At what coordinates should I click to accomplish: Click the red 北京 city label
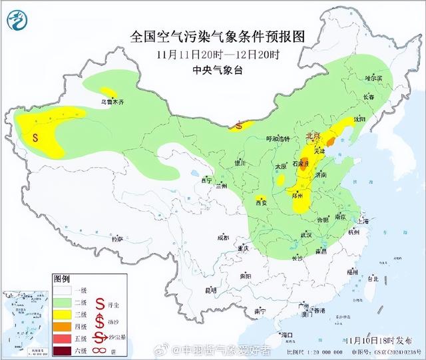click(x=313, y=136)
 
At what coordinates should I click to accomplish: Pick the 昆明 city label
click(x=211, y=290)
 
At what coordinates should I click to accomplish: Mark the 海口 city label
click(x=287, y=334)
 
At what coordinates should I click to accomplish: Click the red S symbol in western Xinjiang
click(x=35, y=138)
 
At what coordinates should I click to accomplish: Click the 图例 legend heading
click(x=61, y=279)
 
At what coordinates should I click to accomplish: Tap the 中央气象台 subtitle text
click(x=213, y=67)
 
